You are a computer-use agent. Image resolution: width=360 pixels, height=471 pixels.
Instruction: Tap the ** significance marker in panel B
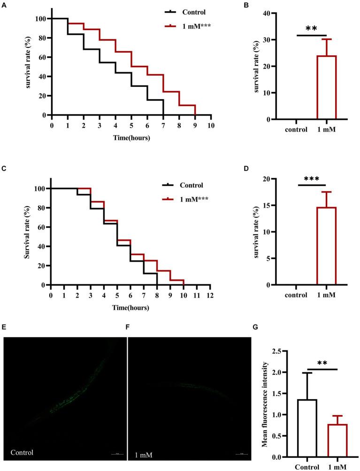click(x=311, y=29)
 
